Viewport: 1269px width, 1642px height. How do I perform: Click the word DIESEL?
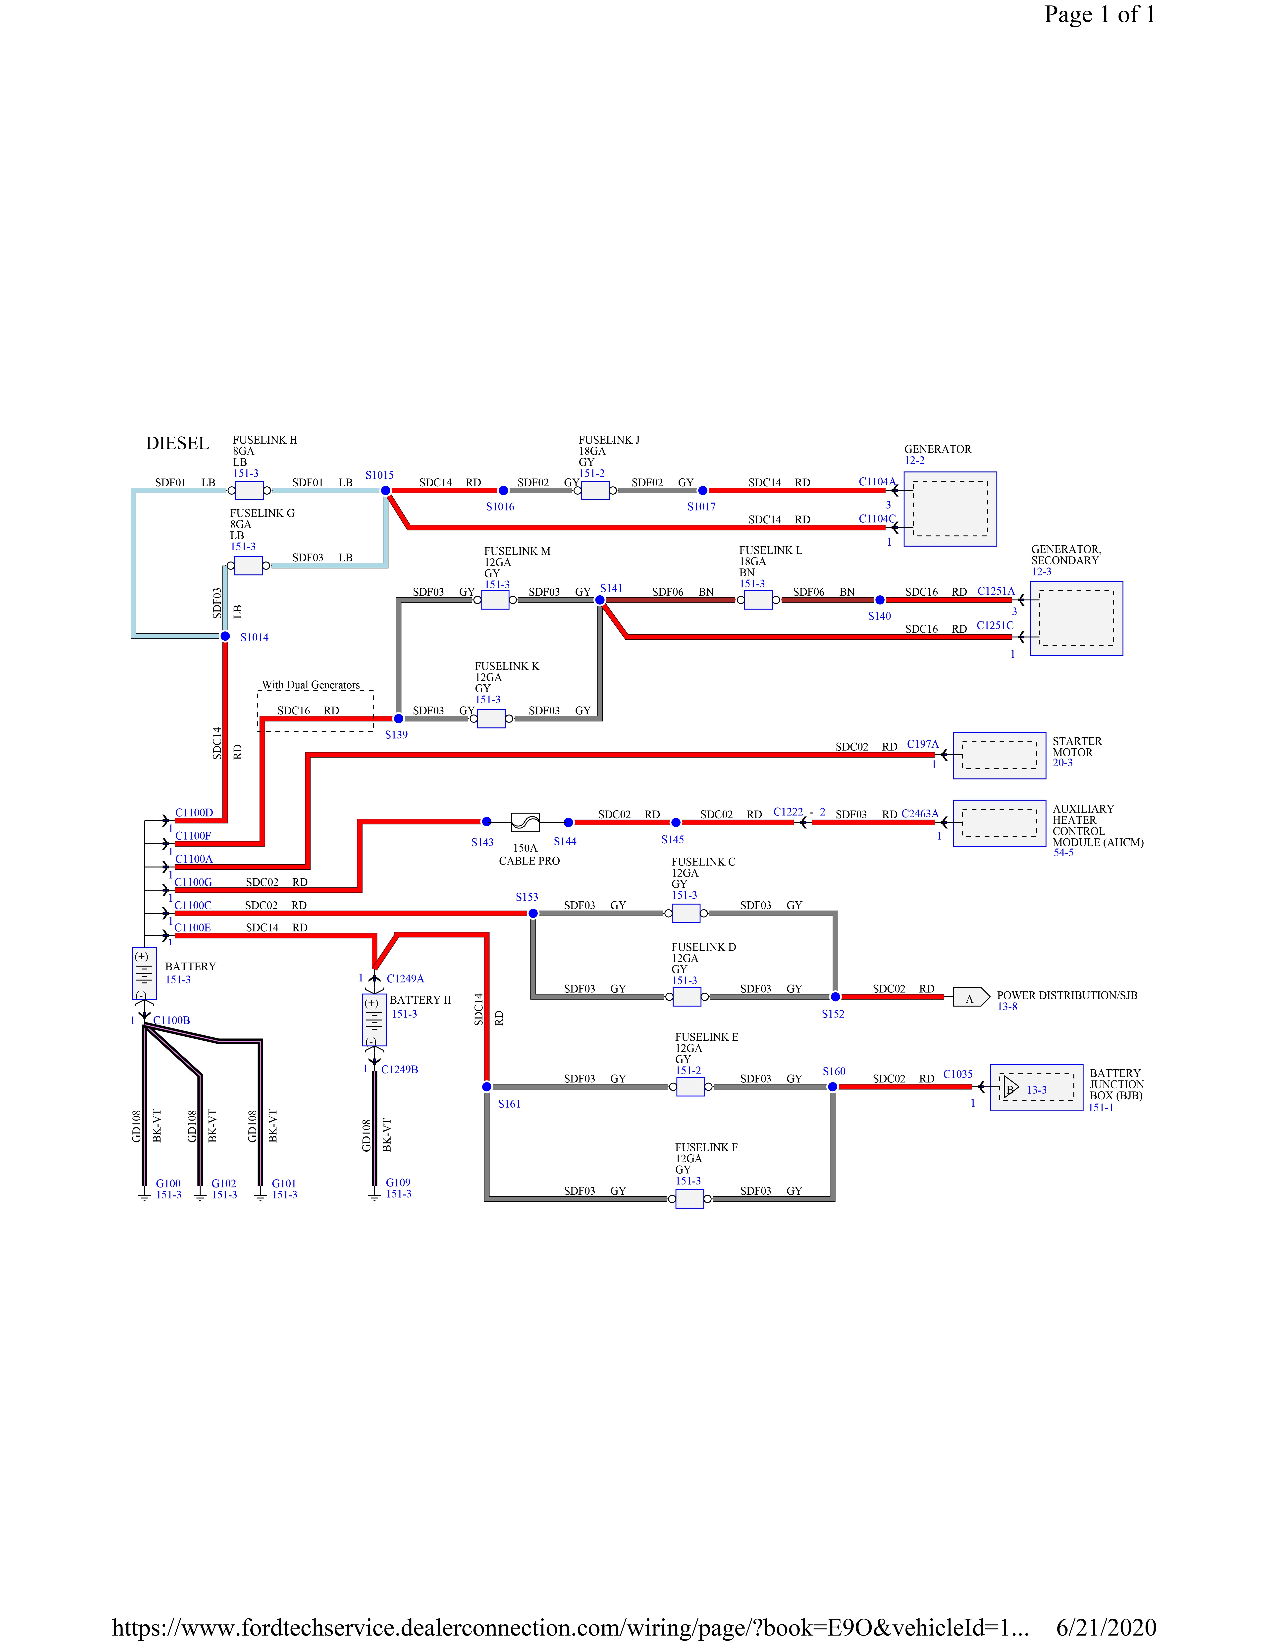tap(177, 444)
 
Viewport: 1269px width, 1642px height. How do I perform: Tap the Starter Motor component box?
tap(999, 755)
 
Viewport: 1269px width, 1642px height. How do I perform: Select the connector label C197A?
tap(922, 744)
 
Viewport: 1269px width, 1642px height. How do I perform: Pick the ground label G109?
tap(398, 1183)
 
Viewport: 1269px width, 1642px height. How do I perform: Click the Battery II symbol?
tap(374, 1020)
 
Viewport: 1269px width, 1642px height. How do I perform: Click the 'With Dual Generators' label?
tap(311, 685)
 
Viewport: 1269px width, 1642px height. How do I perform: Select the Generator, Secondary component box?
tap(1076, 618)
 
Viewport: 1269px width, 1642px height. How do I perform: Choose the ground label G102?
tap(223, 1183)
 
